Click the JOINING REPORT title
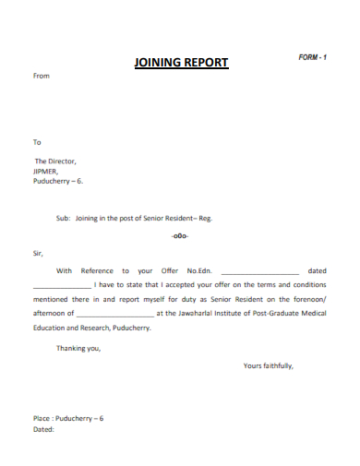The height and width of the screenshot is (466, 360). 181,64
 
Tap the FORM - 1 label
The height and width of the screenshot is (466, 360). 312,57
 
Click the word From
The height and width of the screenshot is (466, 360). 42,77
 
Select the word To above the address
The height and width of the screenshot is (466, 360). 38,142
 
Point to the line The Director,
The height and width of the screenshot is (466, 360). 54,161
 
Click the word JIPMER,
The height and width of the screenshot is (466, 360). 46,171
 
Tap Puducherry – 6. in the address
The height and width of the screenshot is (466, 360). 57,181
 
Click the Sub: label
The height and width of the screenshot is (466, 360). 63,219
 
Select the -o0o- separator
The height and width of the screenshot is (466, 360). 180,236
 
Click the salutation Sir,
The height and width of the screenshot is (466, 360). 38,252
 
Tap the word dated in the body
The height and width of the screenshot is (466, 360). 317,271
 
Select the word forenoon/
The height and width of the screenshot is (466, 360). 306,299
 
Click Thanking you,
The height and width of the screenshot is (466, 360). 78,348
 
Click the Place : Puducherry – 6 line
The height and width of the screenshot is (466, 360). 68,418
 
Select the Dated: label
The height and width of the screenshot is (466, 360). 43,429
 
